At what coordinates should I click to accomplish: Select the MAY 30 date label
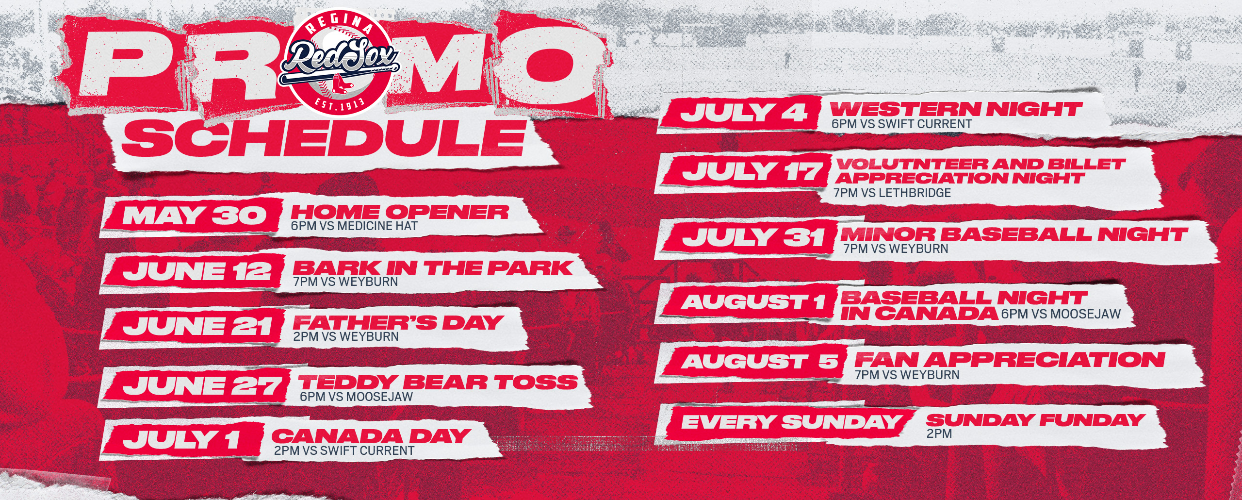pyautogui.click(x=194, y=216)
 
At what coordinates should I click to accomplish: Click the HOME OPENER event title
pyautogui.click(x=400, y=212)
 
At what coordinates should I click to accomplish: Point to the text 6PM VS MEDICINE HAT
pyautogui.click(x=354, y=226)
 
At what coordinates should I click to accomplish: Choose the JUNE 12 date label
pyautogui.click(x=196, y=271)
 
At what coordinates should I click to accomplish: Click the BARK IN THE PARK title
pyautogui.click(x=433, y=267)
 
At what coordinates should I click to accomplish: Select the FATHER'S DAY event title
pyautogui.click(x=397, y=322)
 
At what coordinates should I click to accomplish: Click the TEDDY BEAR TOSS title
pyautogui.click(x=438, y=382)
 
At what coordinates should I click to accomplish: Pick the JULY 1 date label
pyautogui.click(x=181, y=439)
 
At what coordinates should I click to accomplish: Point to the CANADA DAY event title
pyautogui.click(x=371, y=436)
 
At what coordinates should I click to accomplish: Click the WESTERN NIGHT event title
pyautogui.click(x=956, y=109)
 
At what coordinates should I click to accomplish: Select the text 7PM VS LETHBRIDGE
pyautogui.click(x=892, y=193)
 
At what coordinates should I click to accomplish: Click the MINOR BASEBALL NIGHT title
pyautogui.click(x=1013, y=234)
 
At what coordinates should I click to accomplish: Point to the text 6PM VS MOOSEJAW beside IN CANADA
pyautogui.click(x=1061, y=314)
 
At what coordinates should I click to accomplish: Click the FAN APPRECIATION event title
pyautogui.click(x=1010, y=360)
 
